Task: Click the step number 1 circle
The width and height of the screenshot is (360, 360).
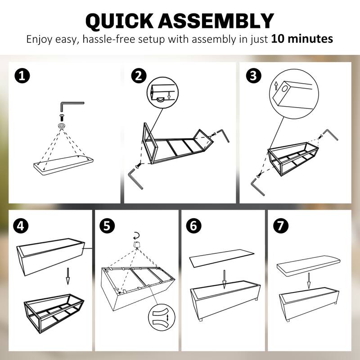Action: pyautogui.click(x=22, y=76)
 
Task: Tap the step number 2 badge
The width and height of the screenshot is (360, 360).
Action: pyautogui.click(x=139, y=76)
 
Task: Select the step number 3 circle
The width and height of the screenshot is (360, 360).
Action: pyautogui.click(x=253, y=76)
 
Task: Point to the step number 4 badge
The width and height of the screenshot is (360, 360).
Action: pyautogui.click(x=21, y=226)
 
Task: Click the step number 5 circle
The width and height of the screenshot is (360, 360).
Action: pyautogui.click(x=107, y=226)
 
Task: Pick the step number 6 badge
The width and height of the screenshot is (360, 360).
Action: pyautogui.click(x=193, y=226)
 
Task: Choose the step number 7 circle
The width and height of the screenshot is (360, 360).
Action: pyautogui.click(x=280, y=226)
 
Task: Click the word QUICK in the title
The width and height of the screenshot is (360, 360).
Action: pyautogui.click(x=119, y=21)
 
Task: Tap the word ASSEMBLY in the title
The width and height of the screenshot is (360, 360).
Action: pyautogui.click(x=216, y=21)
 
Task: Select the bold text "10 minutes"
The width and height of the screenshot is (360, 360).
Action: pyautogui.click(x=302, y=39)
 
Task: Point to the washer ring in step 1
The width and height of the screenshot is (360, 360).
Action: pyautogui.click(x=62, y=126)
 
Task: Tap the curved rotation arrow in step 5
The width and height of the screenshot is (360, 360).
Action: pyautogui.click(x=137, y=235)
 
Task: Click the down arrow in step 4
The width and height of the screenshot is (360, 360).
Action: pyautogui.click(x=68, y=276)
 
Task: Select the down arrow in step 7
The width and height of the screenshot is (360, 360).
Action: pyautogui.click(x=309, y=280)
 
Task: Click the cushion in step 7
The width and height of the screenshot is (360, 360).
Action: pyautogui.click(x=308, y=265)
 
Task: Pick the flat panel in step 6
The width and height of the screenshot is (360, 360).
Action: pyautogui.click(x=221, y=258)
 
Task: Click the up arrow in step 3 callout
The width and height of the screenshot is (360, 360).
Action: pyautogui.click(x=276, y=86)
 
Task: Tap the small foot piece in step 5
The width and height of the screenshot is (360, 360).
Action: pyautogui.click(x=137, y=244)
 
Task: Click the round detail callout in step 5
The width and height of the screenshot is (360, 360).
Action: pyautogui.click(x=162, y=318)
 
